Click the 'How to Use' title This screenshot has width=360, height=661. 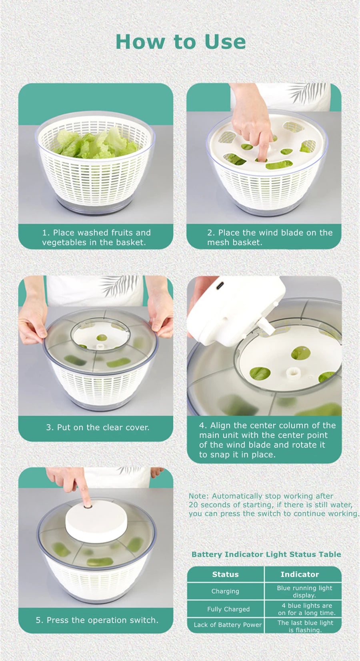[180, 42]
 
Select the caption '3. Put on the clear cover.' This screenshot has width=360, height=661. [98, 427]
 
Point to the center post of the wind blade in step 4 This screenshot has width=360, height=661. [293, 373]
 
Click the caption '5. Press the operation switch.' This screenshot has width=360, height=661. [97, 620]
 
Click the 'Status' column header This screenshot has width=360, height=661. [225, 575]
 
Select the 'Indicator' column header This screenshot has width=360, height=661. [300, 575]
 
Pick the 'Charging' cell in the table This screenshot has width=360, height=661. [225, 591]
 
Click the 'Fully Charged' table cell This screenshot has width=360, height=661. [228, 609]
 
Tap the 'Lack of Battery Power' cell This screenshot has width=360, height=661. [227, 625]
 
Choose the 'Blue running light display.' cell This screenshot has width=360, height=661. [304, 591]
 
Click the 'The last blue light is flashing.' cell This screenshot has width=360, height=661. [305, 626]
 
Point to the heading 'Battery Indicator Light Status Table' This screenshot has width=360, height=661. [266, 555]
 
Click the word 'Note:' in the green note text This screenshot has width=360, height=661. [198, 496]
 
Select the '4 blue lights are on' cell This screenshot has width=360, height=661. [306, 609]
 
